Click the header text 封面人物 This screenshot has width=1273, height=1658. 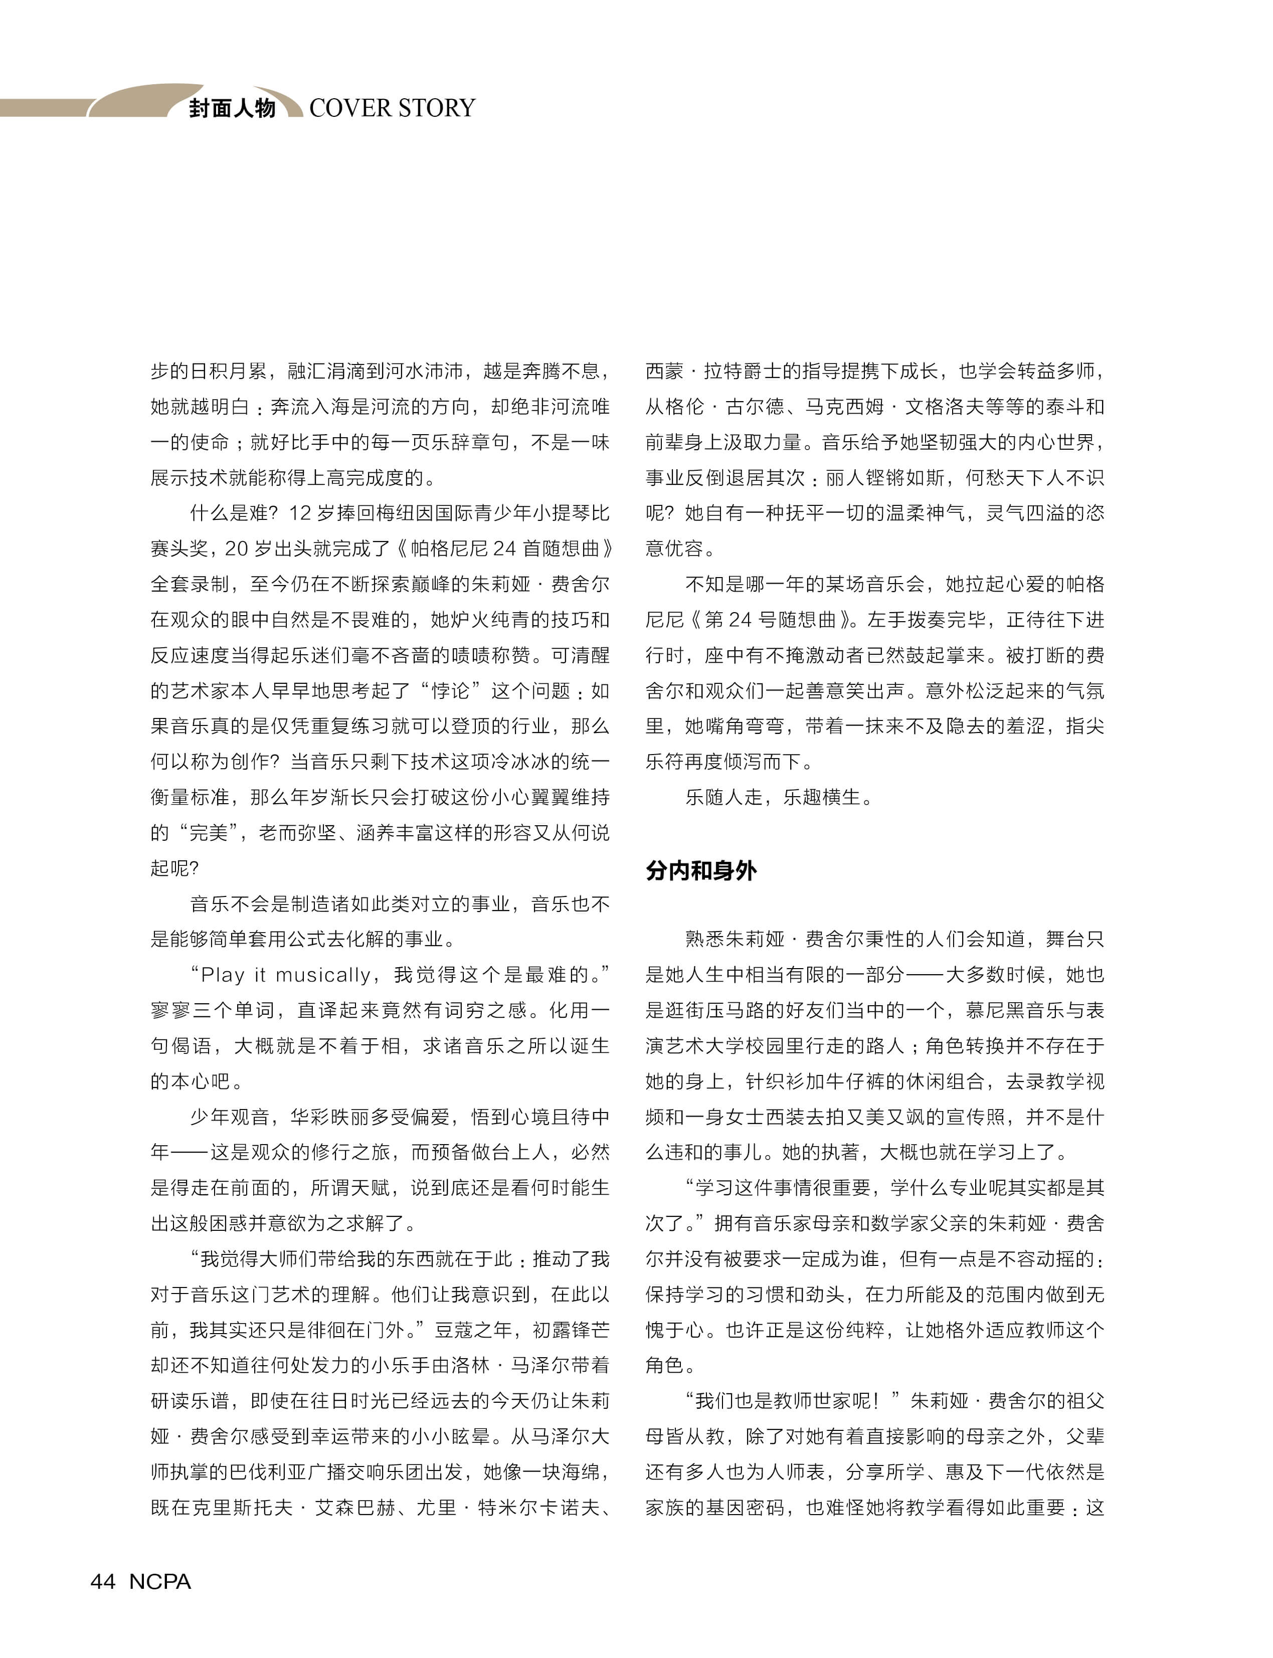[x=232, y=108]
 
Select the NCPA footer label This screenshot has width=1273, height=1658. [x=160, y=1581]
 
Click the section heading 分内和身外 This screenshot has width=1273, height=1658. [x=701, y=870]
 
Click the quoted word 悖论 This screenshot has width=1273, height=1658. [x=450, y=690]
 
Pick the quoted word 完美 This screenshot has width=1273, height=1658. [x=209, y=833]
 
